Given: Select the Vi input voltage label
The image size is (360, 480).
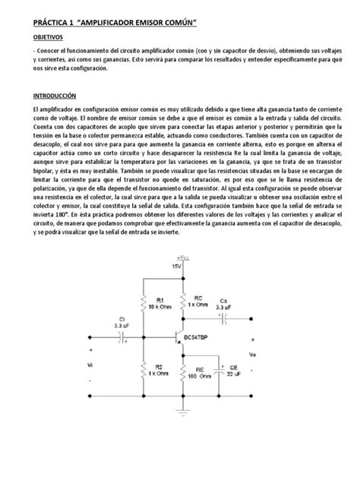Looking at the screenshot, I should [92, 366].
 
